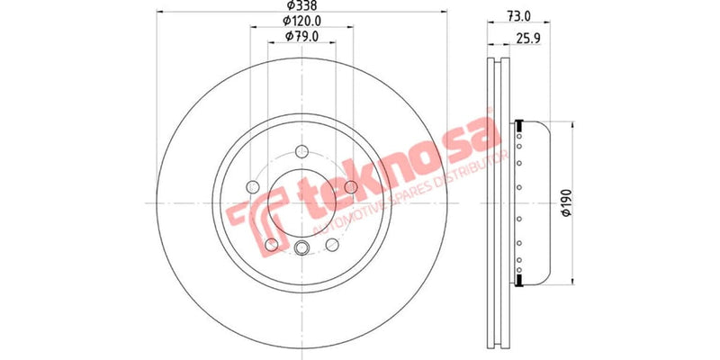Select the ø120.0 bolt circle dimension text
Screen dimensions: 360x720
[x=301, y=20]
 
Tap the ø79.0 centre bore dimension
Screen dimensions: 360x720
[x=301, y=35]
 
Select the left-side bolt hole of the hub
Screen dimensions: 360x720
[x=253, y=187]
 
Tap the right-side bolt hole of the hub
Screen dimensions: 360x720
[x=351, y=187]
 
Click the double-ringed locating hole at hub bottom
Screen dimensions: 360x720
[x=301, y=249]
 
